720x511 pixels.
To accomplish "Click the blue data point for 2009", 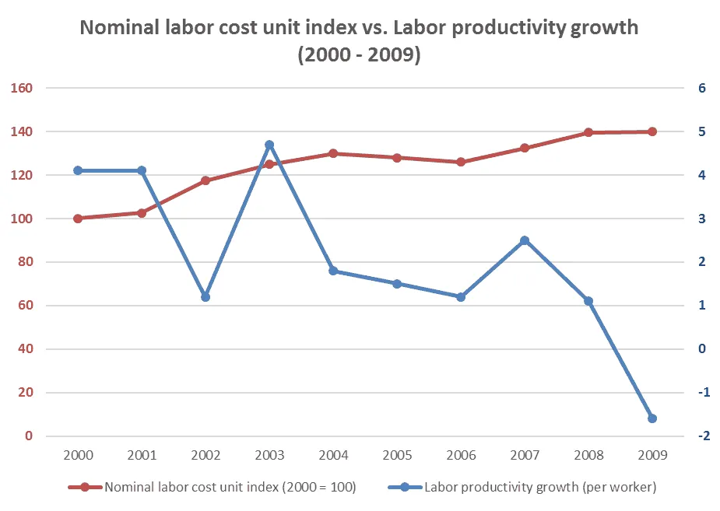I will point(652,418).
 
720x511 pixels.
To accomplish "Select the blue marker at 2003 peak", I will point(269,145).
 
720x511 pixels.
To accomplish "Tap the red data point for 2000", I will point(78,219).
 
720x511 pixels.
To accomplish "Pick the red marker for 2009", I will point(652,131).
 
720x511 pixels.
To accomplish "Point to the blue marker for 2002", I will point(205,297).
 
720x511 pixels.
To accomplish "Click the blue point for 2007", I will point(525,240).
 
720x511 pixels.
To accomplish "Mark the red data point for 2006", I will point(461,162).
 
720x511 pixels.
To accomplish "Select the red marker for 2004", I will point(333,153).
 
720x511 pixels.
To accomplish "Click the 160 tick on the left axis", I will point(21,88).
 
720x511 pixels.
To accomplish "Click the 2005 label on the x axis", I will point(397,454).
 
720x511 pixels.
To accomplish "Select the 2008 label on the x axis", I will point(588,454).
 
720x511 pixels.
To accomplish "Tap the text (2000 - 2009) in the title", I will point(359,56).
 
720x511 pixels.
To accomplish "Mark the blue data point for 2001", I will point(142,170).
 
